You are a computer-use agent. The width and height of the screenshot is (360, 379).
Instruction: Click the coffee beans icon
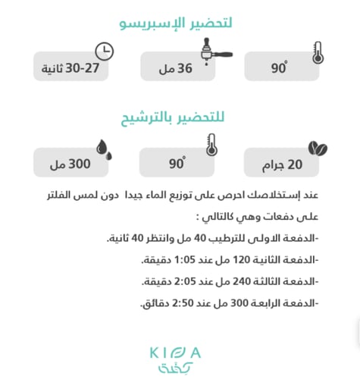[314, 146]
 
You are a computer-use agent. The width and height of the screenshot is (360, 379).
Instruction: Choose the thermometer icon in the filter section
[211, 145]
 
